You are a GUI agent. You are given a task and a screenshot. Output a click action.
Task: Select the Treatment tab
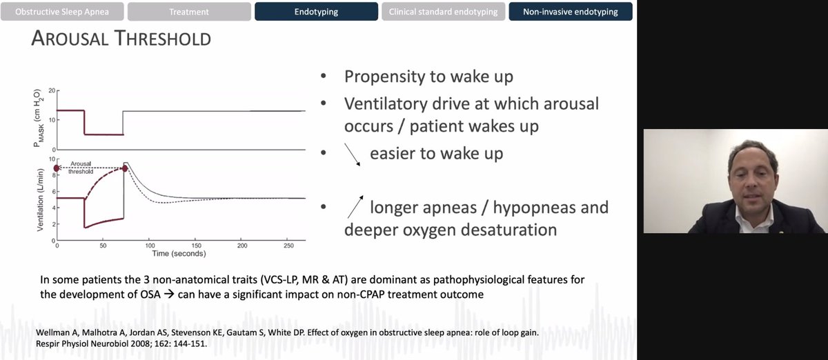coord(189,12)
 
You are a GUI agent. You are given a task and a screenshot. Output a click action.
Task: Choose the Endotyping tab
coord(317,12)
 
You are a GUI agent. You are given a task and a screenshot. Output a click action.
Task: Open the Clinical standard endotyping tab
coord(444,12)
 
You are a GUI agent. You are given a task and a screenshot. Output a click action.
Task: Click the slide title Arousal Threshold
coord(121,39)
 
